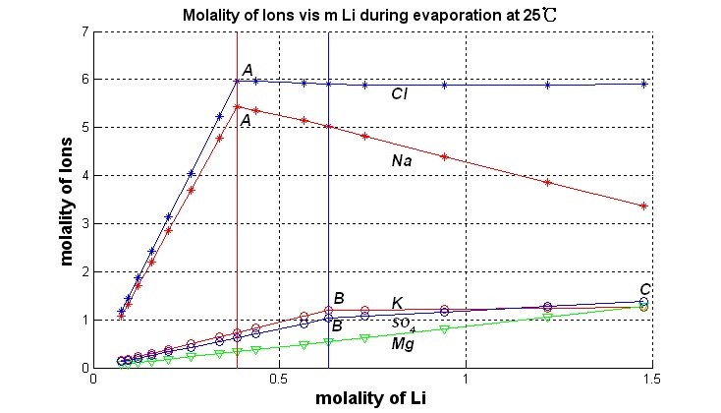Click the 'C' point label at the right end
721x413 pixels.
644,289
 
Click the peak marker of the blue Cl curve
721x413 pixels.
237,80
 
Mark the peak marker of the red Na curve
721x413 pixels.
237,106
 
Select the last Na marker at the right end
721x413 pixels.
643,206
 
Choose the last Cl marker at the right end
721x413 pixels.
643,85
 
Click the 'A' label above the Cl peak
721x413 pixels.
248,69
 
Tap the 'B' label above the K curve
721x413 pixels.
338,298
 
